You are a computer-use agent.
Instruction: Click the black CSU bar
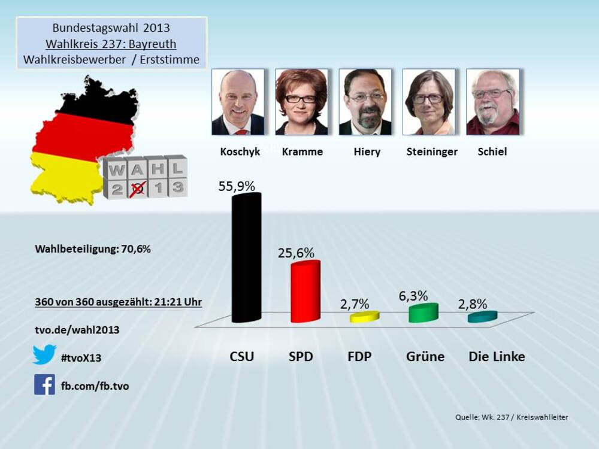point(246,257)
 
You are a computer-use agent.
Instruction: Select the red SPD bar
point(305,292)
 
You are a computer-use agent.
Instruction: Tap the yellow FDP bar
point(364,317)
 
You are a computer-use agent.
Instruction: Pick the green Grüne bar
point(423,313)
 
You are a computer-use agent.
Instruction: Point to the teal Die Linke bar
point(482,317)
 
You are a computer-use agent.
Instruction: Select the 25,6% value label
point(296,253)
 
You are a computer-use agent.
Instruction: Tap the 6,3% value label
point(413,296)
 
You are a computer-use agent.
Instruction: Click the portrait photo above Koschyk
point(238,102)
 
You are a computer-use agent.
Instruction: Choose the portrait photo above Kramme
point(301,102)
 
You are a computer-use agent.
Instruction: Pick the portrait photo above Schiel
point(492,102)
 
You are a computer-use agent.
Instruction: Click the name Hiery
point(367,152)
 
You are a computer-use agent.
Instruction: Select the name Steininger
point(431,152)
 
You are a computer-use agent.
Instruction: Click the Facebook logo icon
point(44,384)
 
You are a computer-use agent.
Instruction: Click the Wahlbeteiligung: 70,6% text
point(93,249)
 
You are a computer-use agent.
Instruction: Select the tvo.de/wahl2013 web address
point(77,330)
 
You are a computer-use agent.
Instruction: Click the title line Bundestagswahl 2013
point(111,28)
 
